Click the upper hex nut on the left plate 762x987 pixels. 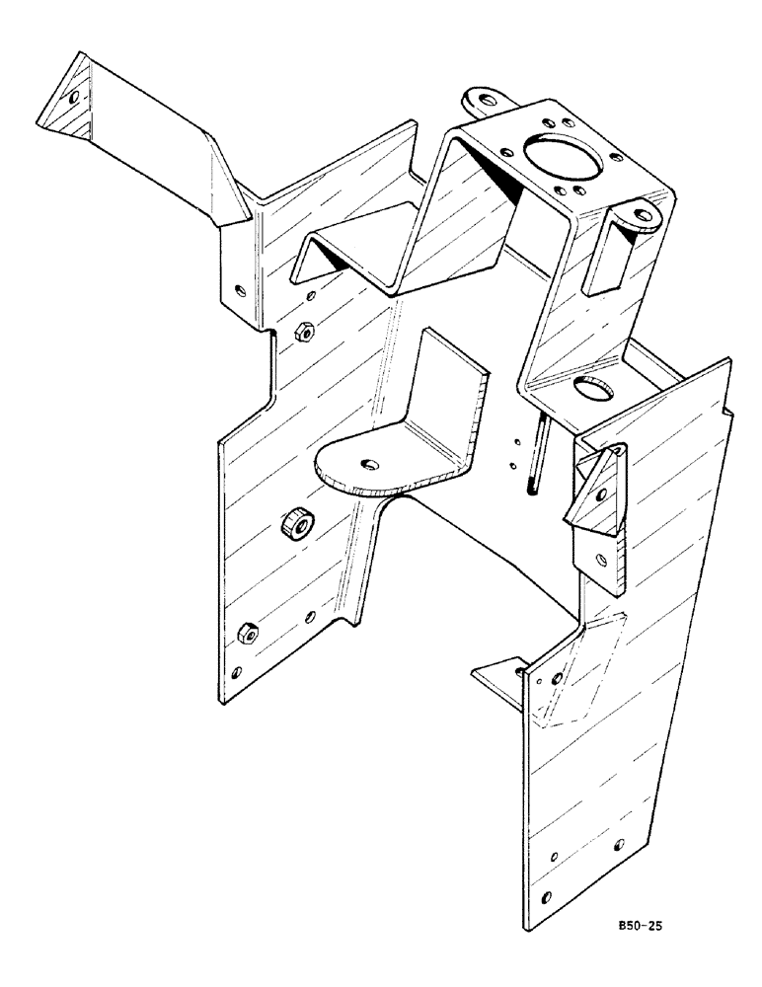(x=305, y=332)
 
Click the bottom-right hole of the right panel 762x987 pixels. (x=618, y=845)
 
